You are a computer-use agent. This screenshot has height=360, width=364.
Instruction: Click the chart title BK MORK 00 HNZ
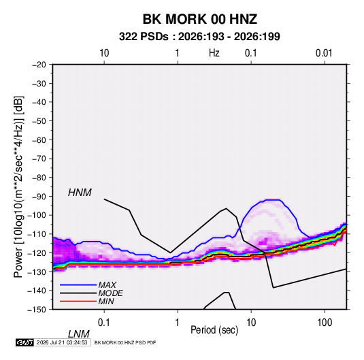point(199,19)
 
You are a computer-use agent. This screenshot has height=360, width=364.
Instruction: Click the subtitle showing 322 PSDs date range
point(199,37)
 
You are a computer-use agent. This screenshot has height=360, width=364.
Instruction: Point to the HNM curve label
point(80,193)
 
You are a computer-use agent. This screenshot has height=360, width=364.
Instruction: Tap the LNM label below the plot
point(78,334)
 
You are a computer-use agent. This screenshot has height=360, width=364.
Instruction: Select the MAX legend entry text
point(107,285)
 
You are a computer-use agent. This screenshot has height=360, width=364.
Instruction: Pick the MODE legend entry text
point(110,293)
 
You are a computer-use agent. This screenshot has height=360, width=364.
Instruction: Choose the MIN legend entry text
point(106,301)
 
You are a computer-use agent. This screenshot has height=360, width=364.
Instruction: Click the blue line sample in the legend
point(78,285)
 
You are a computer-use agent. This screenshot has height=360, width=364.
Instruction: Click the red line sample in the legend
point(78,301)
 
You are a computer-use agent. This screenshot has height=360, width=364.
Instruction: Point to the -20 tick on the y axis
point(39,65)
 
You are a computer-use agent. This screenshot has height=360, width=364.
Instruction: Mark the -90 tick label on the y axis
point(39,197)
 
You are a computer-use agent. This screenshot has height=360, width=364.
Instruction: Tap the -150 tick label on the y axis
point(37,310)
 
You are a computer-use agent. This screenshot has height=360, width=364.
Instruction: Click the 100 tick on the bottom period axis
point(325,323)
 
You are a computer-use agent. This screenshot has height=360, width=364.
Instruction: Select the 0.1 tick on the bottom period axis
point(103,323)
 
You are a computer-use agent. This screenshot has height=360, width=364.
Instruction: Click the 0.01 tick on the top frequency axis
point(324,53)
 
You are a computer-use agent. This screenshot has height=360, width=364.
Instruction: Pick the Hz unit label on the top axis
point(214,53)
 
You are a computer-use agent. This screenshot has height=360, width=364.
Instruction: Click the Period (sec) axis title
point(214,330)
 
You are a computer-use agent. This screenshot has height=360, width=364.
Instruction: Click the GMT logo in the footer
point(25,342)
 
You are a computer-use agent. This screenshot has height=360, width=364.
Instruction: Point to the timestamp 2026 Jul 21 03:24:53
point(62,342)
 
